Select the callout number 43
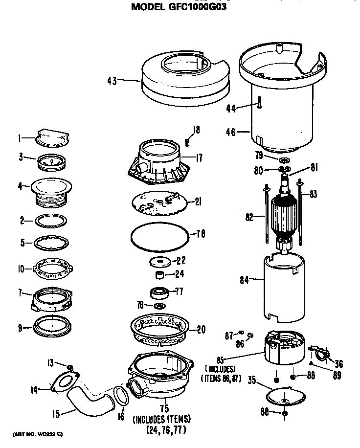[112, 81]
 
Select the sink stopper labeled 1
[51, 137]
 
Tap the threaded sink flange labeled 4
[51, 193]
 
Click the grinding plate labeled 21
[160, 202]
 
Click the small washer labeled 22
[160, 261]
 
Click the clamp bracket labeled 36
[320, 352]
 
